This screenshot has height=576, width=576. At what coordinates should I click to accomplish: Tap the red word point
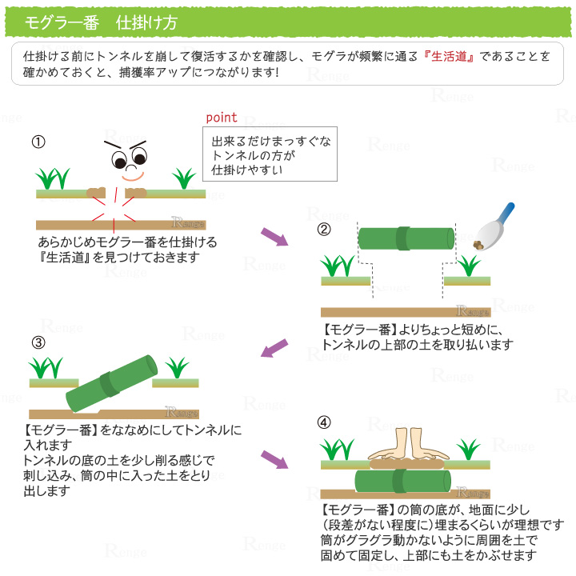(x=222, y=117)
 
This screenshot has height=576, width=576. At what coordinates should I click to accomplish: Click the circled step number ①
(x=38, y=142)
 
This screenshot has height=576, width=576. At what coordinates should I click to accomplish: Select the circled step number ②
(x=324, y=229)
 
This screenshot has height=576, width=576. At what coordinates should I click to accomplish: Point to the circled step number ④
(x=324, y=422)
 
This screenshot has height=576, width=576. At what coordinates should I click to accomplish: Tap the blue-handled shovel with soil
(x=493, y=226)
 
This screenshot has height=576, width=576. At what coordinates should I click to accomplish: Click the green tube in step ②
(x=406, y=240)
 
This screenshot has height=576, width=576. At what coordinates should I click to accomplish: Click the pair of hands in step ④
(x=407, y=445)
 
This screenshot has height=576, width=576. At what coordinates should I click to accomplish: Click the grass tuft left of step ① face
(x=54, y=178)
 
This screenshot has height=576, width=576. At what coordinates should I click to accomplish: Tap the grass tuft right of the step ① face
(x=185, y=178)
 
